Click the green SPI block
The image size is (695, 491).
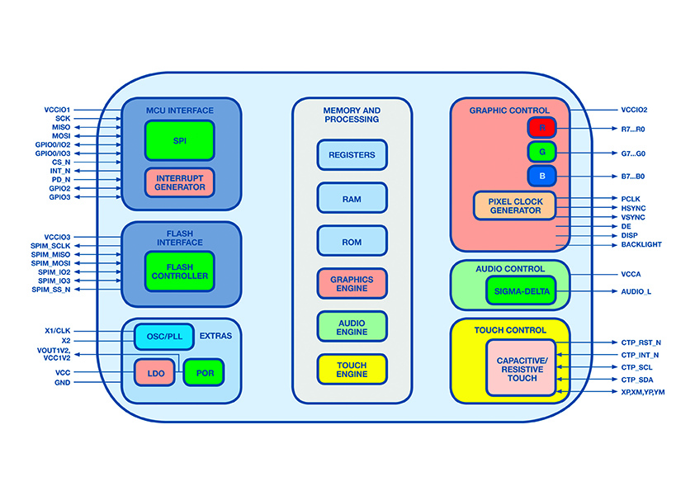[179, 140]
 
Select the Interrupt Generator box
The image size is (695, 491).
[179, 182]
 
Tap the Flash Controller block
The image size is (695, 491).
[179, 271]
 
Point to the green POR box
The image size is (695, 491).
[204, 373]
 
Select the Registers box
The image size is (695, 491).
[352, 155]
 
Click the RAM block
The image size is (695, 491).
[352, 198]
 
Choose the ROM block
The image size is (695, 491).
[352, 241]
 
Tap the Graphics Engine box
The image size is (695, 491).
[352, 284]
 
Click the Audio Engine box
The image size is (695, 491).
[352, 327]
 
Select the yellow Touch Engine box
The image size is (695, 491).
[352, 370]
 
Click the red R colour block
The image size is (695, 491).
[542, 128]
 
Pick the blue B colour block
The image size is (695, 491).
[542, 176]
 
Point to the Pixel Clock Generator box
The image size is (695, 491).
[514, 205]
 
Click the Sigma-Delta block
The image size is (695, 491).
[521, 291]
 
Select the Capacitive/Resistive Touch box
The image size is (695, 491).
[521, 367]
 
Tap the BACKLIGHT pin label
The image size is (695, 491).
[641, 245]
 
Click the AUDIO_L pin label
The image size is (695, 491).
[636, 291]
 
